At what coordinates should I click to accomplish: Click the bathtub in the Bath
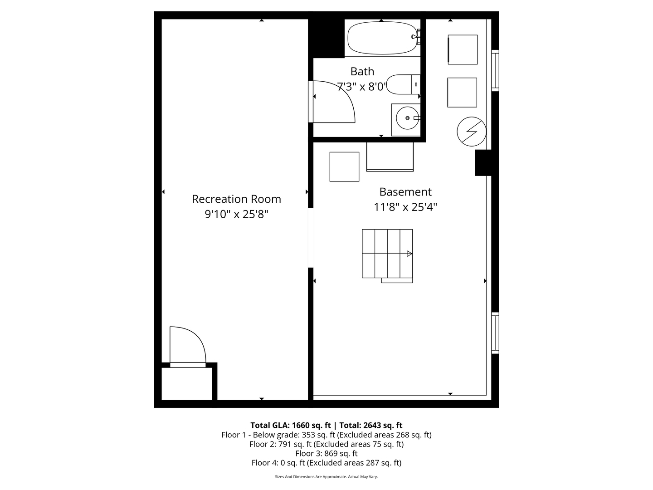coord(382,38)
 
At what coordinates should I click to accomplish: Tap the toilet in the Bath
coord(403,84)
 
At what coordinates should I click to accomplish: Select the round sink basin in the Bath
coord(407,118)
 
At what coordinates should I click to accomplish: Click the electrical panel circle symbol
coord(472,132)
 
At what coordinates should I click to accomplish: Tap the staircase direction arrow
coord(409,254)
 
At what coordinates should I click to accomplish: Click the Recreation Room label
coord(237,199)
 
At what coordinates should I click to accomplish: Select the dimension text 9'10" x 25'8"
coord(237,214)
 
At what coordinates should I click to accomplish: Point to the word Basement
coord(405,192)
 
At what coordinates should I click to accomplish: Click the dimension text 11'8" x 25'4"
coord(405,207)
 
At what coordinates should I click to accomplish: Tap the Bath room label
coord(362,71)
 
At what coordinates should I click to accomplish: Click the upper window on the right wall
coord(495,70)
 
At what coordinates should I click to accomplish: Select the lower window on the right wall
coord(495,333)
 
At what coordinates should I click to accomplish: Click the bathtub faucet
coord(416,37)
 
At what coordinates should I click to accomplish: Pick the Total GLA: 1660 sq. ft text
coord(290,425)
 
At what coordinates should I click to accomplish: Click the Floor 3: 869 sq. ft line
coord(326,453)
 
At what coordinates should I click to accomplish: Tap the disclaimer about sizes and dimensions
coord(326,476)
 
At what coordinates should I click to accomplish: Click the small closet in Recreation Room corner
coord(187,384)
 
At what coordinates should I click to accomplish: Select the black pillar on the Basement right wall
coord(483,163)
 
